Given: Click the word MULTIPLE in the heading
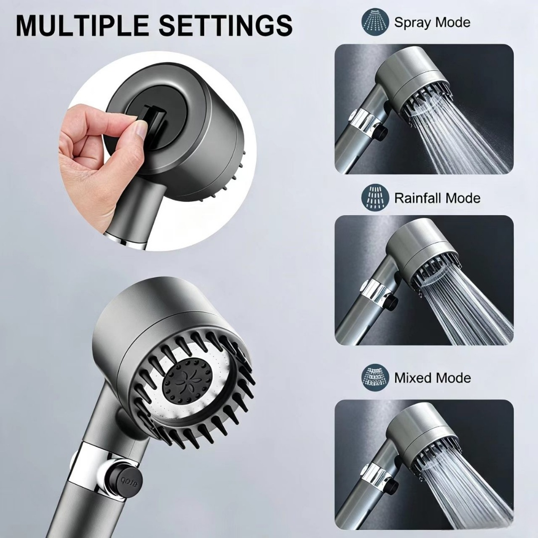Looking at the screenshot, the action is pyautogui.click(x=82, y=25).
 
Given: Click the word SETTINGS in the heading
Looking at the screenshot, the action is pyautogui.click(x=226, y=25).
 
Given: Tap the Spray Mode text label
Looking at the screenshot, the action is pyautogui.click(x=432, y=22).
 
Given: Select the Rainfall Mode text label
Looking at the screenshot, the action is pyautogui.click(x=437, y=198).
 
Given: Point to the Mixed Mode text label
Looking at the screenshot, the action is pyautogui.click(x=432, y=378).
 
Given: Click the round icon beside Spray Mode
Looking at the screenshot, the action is pyautogui.click(x=375, y=21).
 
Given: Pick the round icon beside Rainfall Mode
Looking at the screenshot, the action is pyautogui.click(x=375, y=197).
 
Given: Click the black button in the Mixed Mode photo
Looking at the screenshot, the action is pyautogui.click(x=392, y=484).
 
